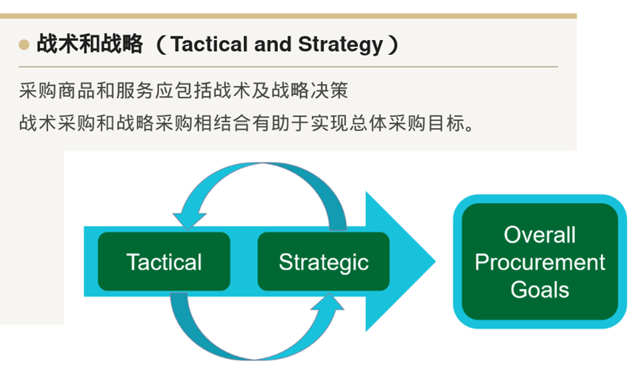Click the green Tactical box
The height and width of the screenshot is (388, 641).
click(x=164, y=262)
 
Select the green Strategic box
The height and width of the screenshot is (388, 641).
click(x=323, y=262)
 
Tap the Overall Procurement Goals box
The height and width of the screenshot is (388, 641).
click(x=539, y=262)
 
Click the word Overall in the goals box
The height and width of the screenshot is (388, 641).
click(x=539, y=235)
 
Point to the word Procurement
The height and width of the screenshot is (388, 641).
click(x=539, y=262)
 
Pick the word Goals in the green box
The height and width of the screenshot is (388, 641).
click(x=539, y=290)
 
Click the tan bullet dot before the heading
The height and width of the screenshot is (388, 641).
click(x=24, y=45)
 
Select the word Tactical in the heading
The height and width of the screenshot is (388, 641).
click(x=210, y=45)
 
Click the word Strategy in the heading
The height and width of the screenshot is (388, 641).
click(x=341, y=45)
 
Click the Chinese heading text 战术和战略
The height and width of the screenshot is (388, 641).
click(x=90, y=44)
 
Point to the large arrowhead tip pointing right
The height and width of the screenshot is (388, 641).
click(x=436, y=262)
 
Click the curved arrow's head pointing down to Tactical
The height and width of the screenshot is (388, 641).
click(x=188, y=221)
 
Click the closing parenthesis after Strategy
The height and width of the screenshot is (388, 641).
click(x=393, y=45)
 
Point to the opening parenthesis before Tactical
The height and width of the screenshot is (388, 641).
click(x=162, y=45)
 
